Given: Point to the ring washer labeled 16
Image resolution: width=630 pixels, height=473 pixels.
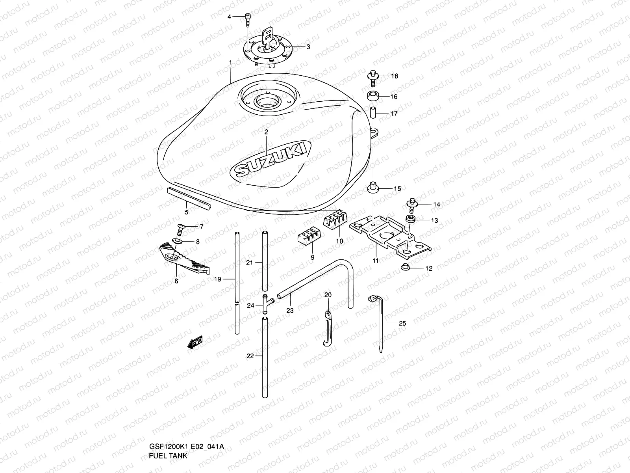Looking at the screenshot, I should point(373,96).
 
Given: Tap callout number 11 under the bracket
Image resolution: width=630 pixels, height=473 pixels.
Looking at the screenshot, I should point(375,261).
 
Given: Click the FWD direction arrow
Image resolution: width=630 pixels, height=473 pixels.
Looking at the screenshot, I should point(195,343).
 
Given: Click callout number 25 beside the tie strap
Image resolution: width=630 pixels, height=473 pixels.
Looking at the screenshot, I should point(402,323).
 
